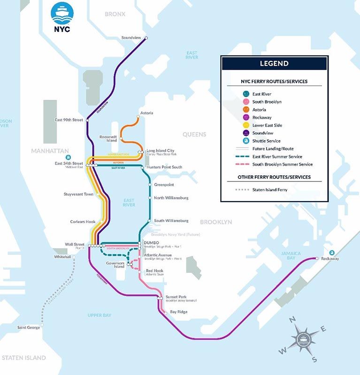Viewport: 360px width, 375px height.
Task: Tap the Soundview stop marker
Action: point(146,38)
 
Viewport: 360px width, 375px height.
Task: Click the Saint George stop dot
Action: point(42,324)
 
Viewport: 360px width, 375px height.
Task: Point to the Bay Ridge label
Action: point(178,312)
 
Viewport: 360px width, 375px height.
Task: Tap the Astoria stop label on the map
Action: point(146,113)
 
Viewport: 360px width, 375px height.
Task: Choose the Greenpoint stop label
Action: point(164,185)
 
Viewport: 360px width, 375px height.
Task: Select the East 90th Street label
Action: point(69,120)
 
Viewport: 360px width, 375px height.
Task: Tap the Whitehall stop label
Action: point(62,257)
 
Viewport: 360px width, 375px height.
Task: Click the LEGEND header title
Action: point(274,64)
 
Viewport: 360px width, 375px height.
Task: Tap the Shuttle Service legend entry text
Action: point(267,141)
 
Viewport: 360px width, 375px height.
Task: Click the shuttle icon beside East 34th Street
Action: point(69,157)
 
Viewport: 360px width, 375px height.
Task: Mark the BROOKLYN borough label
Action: point(216,222)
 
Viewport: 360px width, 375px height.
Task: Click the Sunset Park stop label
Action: point(176,297)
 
